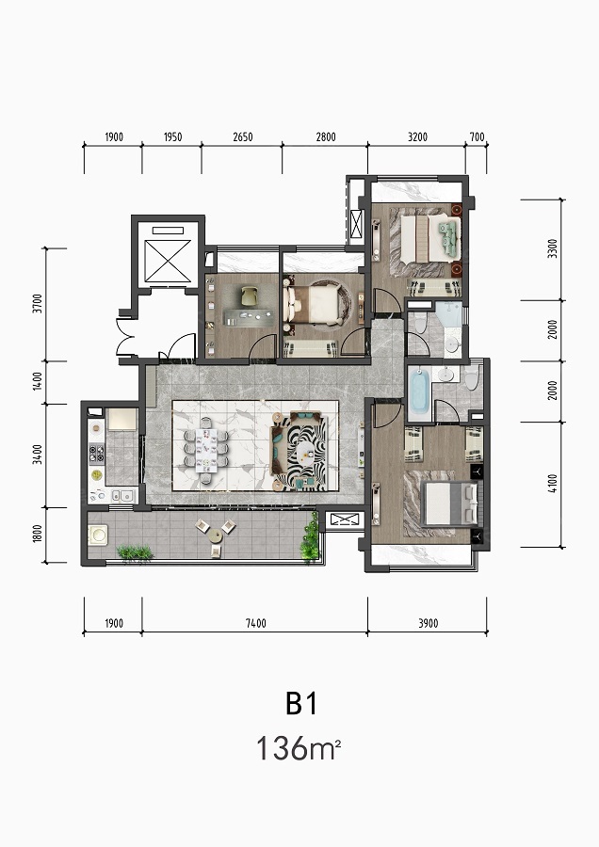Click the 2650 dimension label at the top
pos(243,137)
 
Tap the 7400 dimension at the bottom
pos(256,623)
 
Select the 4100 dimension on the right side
pos(552,484)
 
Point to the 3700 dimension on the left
pos(37,304)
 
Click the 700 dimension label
pos(477,137)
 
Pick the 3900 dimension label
pos(429,623)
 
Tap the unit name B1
pos(301,703)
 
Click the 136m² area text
pos(298,749)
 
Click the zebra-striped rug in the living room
pos(305,452)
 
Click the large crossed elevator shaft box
pos(169,261)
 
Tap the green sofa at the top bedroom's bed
pos(448,238)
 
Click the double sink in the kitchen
pos(122,495)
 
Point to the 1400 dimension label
pos(37,381)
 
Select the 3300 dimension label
pos(552,248)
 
